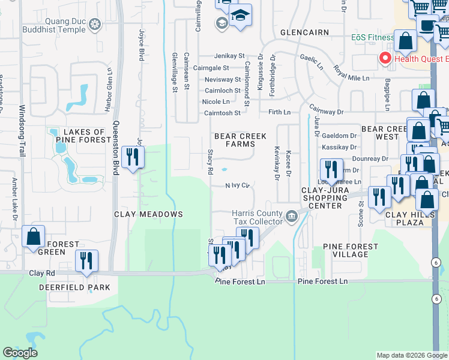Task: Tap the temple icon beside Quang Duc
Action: (94, 25)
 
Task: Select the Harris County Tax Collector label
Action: (258, 217)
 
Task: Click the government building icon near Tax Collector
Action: (292, 216)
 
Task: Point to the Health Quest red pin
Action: (384, 58)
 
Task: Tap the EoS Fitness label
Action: (372, 37)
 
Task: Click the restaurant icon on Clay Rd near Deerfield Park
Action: (87, 260)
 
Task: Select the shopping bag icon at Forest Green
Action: (33, 236)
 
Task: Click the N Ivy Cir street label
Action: (237, 185)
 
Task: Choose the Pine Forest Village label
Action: (351, 250)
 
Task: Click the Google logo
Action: (20, 353)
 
